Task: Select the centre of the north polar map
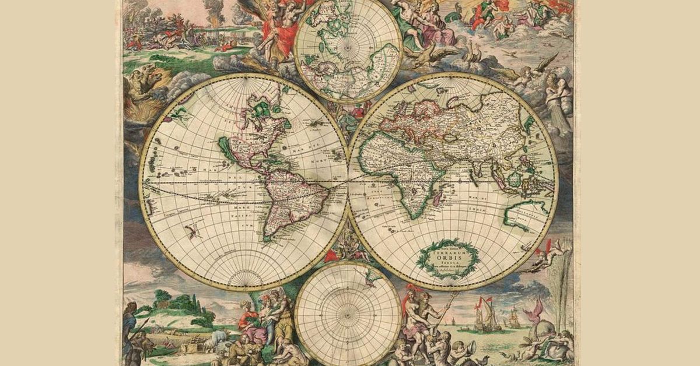348,49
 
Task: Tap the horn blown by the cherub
467,349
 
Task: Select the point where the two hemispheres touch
349,181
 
